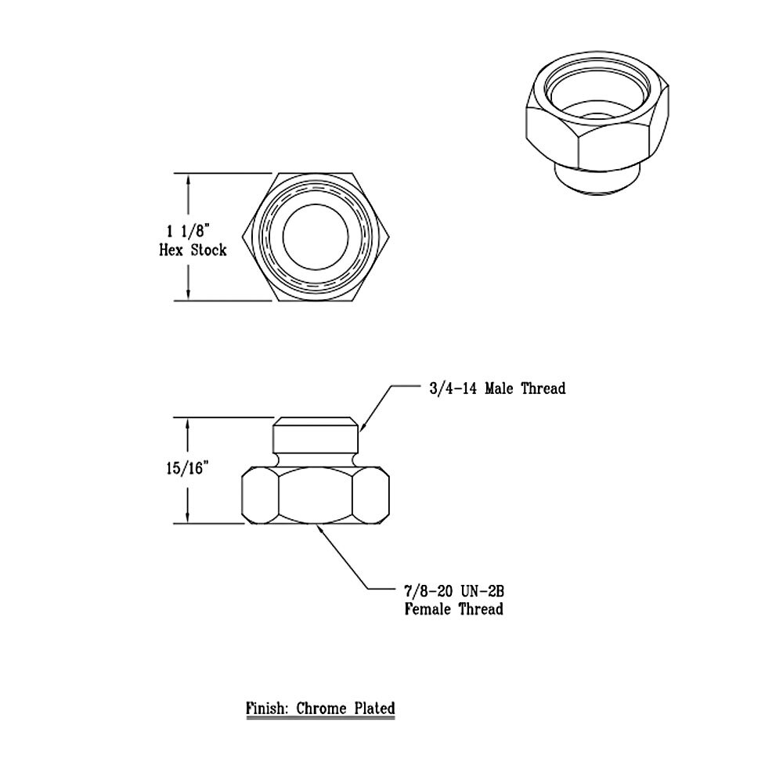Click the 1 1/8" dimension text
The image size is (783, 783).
(188, 230)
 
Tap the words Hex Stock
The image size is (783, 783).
(193, 250)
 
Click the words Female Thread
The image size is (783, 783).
(453, 608)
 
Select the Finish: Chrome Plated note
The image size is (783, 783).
(320, 708)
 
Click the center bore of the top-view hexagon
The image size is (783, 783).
(316, 237)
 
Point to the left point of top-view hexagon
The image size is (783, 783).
(246, 237)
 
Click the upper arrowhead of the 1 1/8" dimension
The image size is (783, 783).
(188, 179)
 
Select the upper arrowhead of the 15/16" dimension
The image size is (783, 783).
(188, 423)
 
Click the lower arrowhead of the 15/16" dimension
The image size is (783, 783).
(188, 518)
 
